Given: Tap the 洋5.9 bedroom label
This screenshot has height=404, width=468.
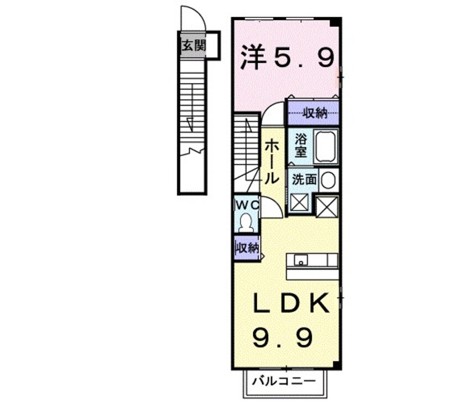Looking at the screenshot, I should click(x=287, y=57).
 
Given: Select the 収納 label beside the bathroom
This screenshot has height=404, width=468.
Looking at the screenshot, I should click(x=315, y=113).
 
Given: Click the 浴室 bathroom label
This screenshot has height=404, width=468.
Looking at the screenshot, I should click(x=300, y=146).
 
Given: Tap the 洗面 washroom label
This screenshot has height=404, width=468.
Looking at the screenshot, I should click(x=304, y=179).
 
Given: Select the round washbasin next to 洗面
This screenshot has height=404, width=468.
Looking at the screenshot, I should click(x=328, y=180).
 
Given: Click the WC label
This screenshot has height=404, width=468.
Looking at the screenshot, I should click(x=247, y=204).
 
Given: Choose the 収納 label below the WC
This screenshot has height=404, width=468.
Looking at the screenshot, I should click(x=247, y=248).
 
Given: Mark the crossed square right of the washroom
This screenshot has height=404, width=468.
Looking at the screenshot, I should click(x=327, y=206).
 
